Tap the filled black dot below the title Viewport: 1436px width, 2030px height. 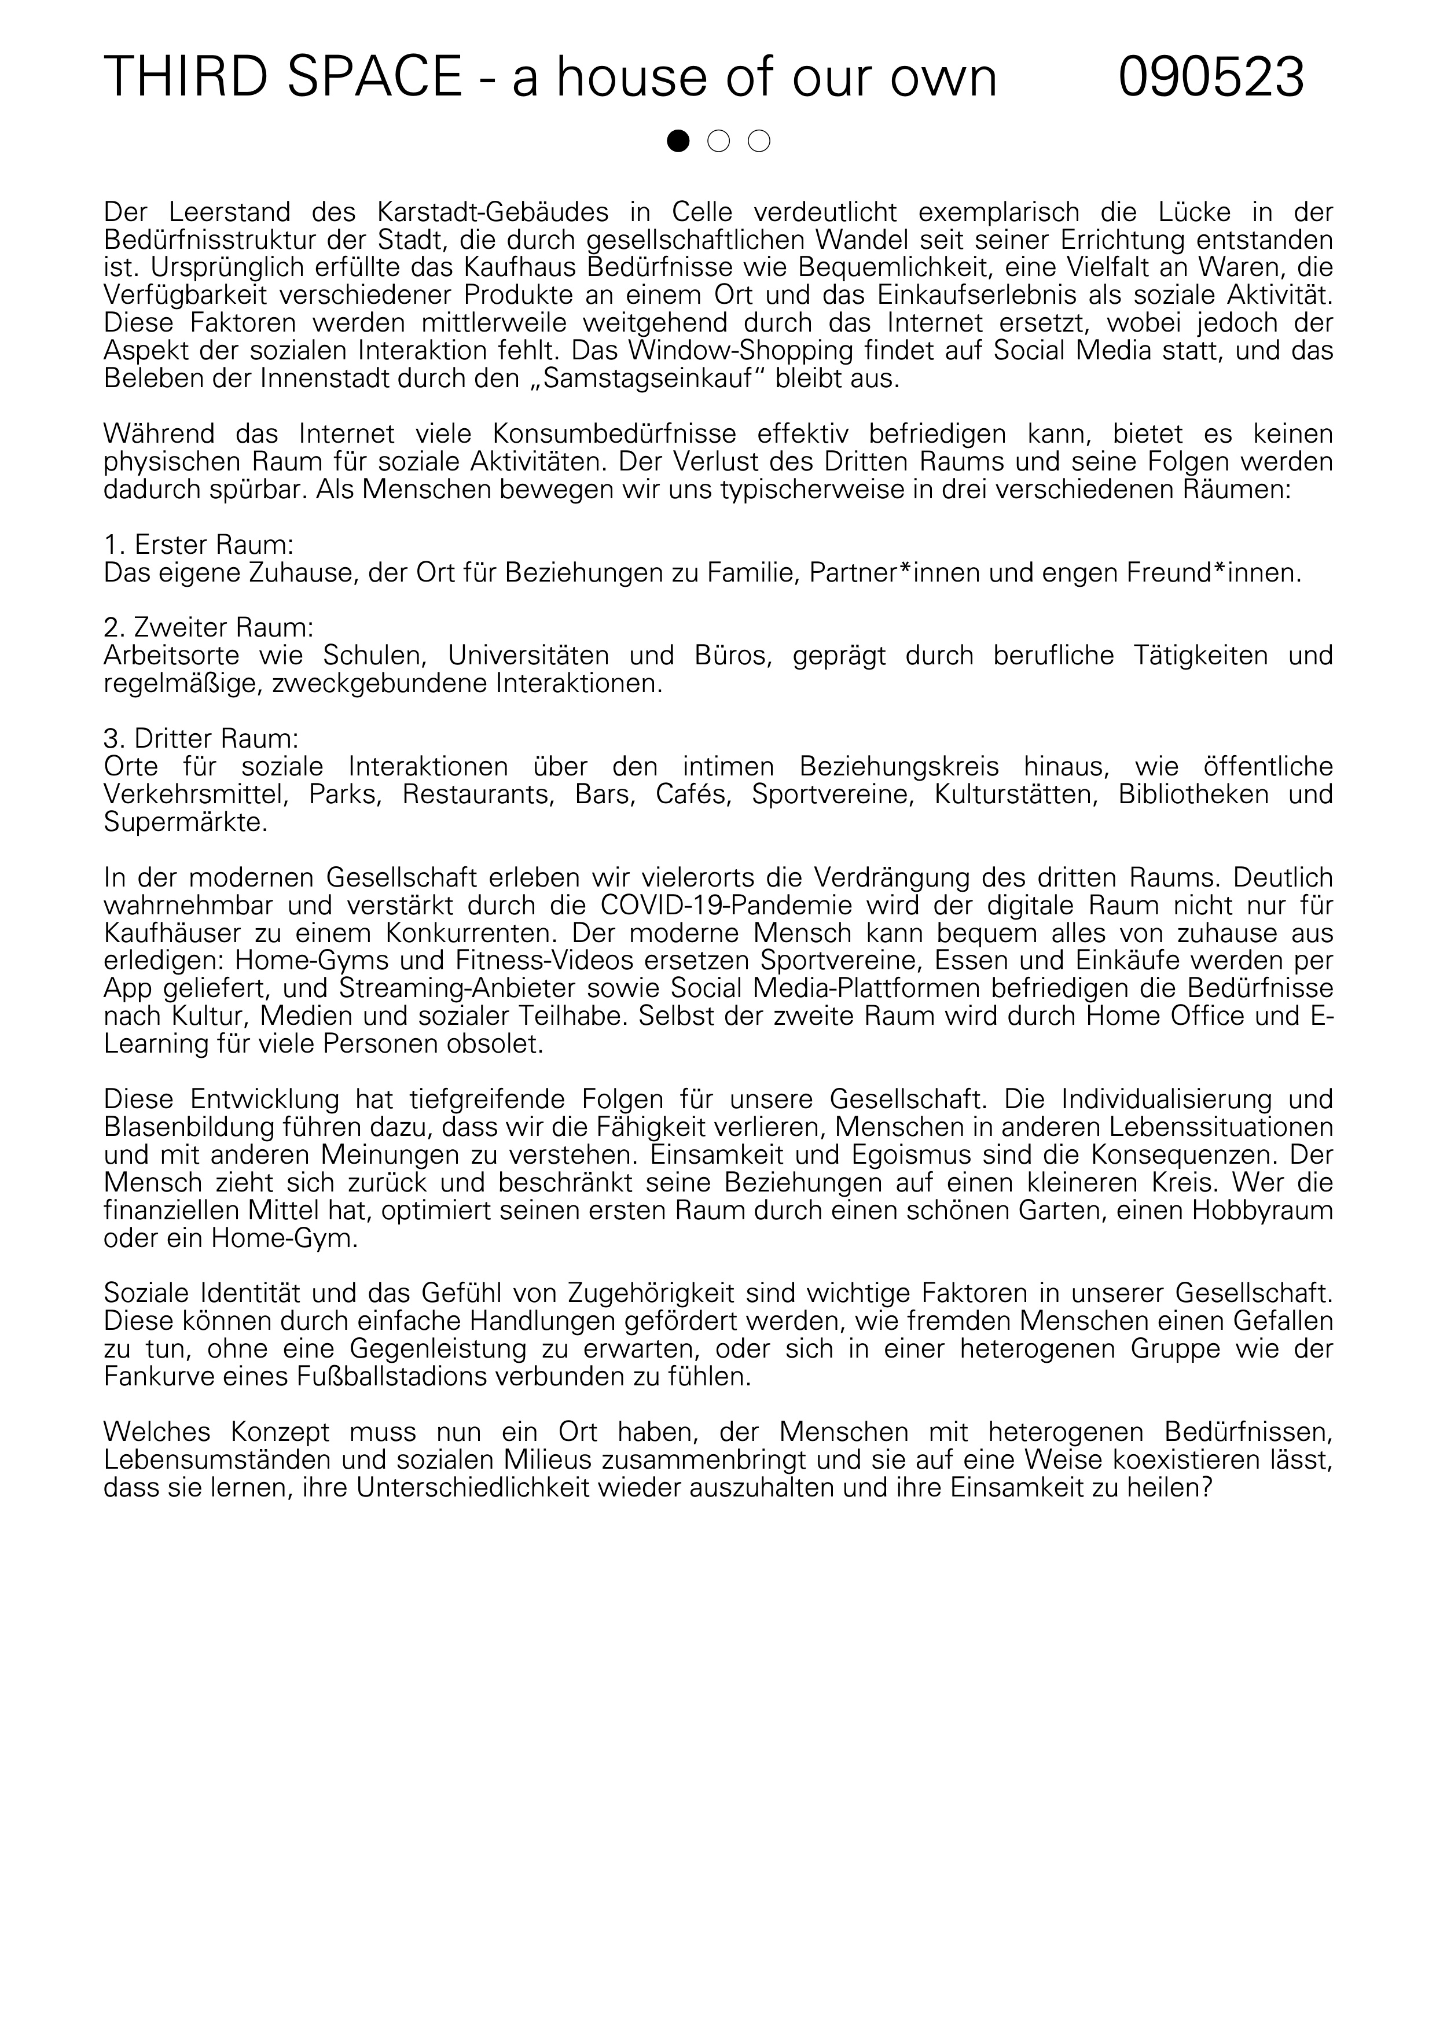pyautogui.click(x=678, y=141)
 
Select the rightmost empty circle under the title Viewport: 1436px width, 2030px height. pyautogui.click(x=759, y=141)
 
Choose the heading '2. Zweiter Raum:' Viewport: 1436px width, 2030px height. pyautogui.click(x=209, y=628)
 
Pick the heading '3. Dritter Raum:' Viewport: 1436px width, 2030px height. pyautogui.click(x=201, y=738)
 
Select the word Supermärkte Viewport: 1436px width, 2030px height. pyautogui.click(x=185, y=822)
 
